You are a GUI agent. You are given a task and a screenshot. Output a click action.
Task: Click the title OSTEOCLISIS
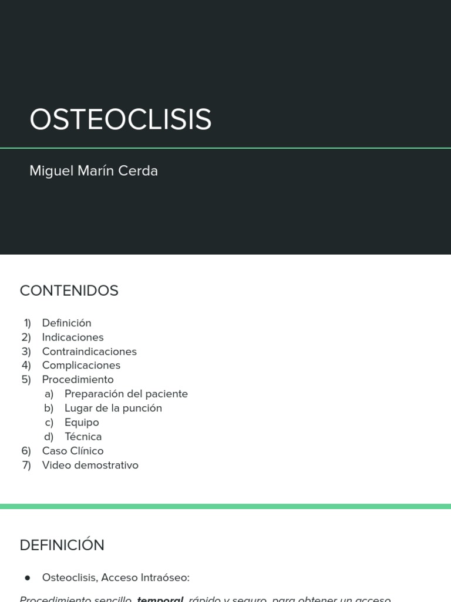tap(120, 119)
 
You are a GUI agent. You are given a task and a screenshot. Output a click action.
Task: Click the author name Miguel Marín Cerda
tap(93, 171)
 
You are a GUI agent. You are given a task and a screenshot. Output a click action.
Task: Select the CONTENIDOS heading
tap(69, 290)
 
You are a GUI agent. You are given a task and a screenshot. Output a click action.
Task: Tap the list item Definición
tap(66, 323)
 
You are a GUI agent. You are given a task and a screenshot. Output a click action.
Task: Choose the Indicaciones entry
tap(72, 337)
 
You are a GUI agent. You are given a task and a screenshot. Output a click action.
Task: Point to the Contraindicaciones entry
tap(89, 351)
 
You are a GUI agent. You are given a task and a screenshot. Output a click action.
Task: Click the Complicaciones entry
tap(81, 365)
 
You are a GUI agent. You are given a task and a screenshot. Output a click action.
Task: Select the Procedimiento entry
tap(78, 379)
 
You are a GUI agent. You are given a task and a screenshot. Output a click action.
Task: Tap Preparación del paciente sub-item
tap(126, 394)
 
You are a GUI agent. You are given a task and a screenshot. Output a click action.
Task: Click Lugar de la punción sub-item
tap(113, 408)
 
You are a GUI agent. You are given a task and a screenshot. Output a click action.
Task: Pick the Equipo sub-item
tap(82, 422)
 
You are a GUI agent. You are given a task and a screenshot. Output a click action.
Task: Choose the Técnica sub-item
tap(83, 436)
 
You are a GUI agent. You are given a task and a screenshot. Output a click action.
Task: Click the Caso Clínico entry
tap(72, 451)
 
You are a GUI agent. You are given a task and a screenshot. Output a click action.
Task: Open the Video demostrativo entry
tap(90, 465)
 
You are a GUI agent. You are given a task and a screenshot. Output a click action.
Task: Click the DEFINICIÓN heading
tap(62, 545)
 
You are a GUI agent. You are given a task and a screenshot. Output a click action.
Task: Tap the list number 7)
tap(26, 465)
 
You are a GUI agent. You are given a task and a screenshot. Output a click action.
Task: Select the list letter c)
tap(49, 422)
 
